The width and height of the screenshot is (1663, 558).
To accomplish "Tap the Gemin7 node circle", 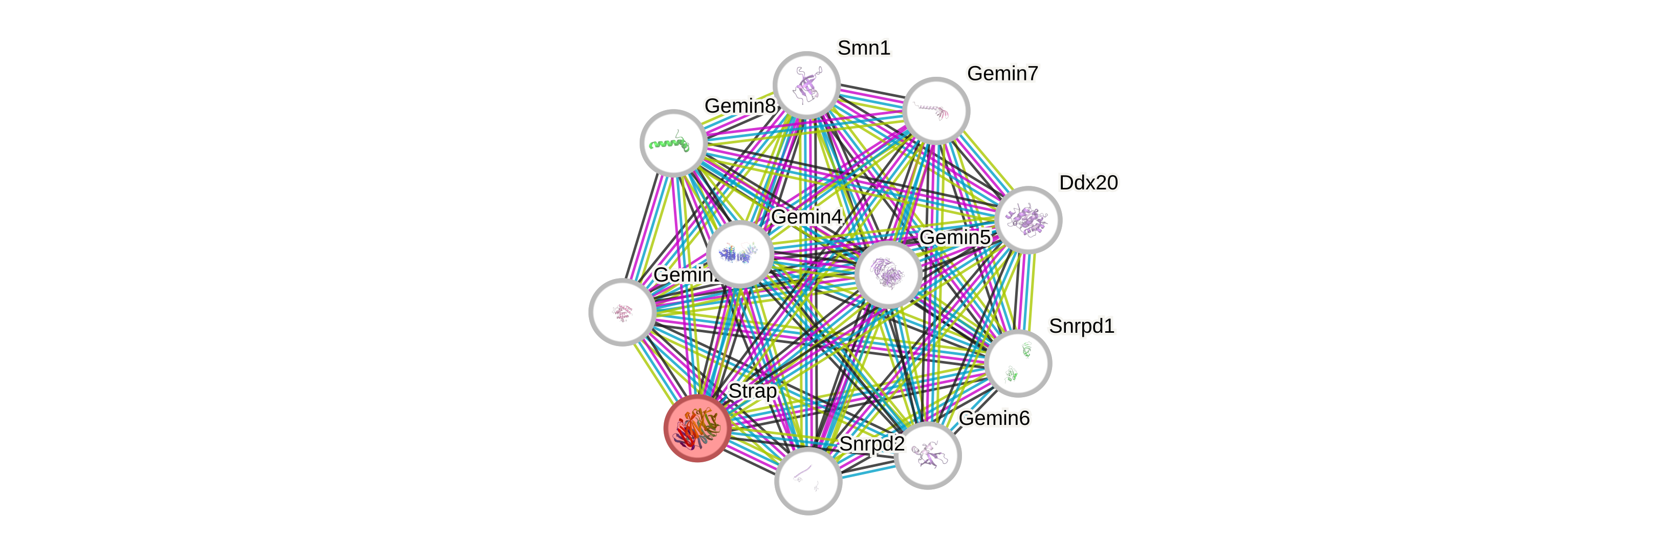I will coord(936,111).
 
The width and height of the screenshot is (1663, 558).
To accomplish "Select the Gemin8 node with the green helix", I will coord(673,143).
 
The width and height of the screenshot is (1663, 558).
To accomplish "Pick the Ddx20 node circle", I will coord(1028,220).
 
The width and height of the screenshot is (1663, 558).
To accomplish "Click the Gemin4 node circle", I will coord(740,254).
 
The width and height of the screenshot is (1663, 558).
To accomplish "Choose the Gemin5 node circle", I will coord(888,274).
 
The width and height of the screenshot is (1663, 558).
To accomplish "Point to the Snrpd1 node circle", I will coord(1018,363).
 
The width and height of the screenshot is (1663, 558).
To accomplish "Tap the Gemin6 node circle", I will coord(928,455).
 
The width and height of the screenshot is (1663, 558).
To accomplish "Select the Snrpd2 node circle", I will coord(807,481).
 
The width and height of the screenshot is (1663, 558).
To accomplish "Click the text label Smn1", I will coord(864,48).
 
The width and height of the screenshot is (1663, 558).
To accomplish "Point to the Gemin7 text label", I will coord(1002,74).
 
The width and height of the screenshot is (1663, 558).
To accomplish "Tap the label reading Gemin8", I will coord(740,105).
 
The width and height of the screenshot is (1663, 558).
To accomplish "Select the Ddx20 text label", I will coord(1088,183).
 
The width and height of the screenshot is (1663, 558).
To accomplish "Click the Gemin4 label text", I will coord(806,217).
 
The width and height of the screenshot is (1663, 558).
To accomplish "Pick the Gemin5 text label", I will coord(954,238).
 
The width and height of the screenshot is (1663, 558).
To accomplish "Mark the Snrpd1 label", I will coord(1081,326).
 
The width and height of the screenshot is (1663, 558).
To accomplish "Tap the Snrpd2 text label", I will coord(871,444).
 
